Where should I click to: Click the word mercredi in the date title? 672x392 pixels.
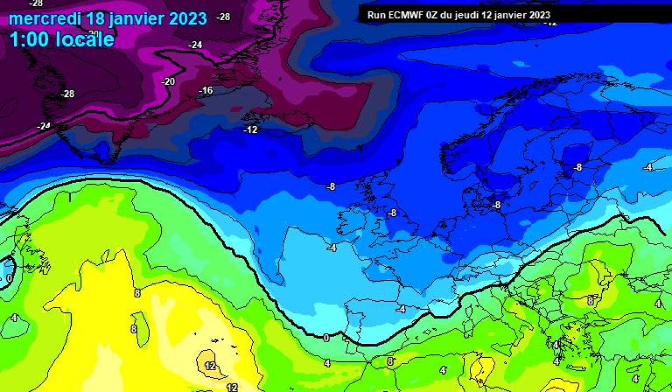45,18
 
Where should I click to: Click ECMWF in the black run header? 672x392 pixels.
403,15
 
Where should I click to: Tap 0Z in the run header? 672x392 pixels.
431,15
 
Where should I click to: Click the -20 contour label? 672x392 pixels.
168,82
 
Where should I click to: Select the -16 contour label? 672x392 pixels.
206,91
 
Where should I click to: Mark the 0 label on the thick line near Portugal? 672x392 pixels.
326,338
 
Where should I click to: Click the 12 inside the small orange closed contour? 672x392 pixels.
211,366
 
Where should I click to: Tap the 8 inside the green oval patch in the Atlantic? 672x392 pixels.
134,329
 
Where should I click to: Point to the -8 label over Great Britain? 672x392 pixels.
392,213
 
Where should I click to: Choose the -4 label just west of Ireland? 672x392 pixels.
332,248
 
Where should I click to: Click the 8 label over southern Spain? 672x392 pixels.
390,362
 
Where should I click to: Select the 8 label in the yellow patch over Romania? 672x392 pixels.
590,301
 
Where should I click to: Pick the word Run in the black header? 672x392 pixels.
375,15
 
